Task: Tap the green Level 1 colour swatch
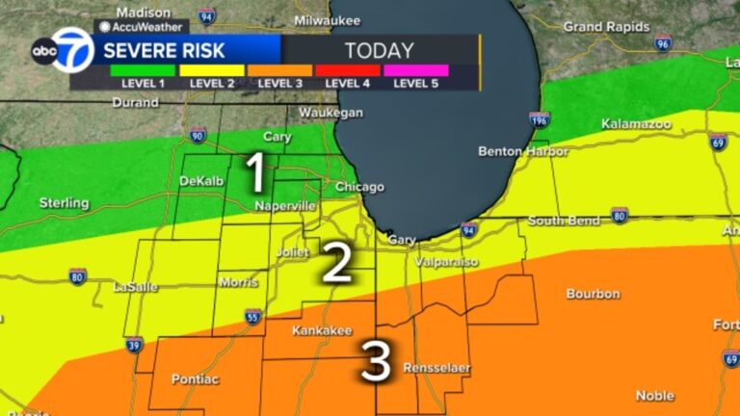click(x=142, y=70)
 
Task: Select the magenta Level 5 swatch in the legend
click(x=415, y=70)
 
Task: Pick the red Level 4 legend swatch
click(x=348, y=70)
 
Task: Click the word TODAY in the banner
click(x=379, y=50)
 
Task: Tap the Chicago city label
click(x=359, y=187)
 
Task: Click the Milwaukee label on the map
click(x=328, y=20)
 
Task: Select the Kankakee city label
click(x=322, y=330)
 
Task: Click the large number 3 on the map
click(x=376, y=364)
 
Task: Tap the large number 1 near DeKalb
click(x=255, y=174)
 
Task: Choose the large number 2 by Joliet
click(x=335, y=263)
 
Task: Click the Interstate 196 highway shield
click(x=539, y=120)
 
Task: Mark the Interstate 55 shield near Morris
click(x=251, y=316)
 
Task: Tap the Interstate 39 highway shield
click(x=134, y=344)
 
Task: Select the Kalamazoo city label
click(x=632, y=124)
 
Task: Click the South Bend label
click(x=564, y=221)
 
